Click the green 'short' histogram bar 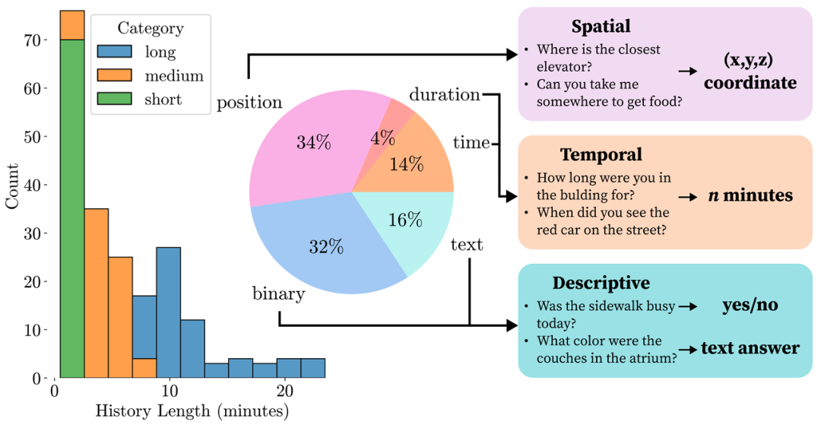tap(71, 213)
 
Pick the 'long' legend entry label tap(160, 52)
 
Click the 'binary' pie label tap(279, 293)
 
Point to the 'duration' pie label tap(445, 95)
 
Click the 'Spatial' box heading tap(601, 27)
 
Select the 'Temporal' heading tap(601, 155)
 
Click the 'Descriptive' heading tap(601, 283)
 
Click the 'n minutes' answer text tap(750, 195)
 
